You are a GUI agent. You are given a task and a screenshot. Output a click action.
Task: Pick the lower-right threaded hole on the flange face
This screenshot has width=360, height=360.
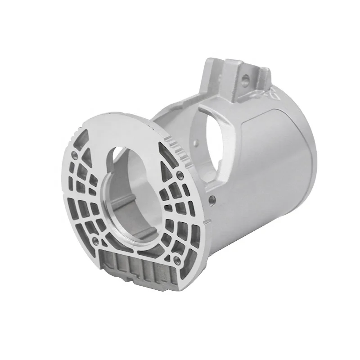(178, 260)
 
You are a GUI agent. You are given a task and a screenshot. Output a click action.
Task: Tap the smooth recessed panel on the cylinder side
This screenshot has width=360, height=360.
(274, 148)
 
